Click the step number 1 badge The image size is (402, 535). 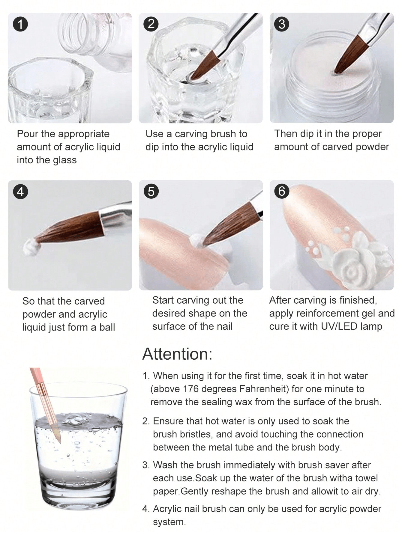click(20, 24)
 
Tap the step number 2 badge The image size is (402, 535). click(151, 24)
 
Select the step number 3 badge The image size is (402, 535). click(282, 24)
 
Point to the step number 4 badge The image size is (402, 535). click(20, 191)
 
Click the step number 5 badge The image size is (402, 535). click(151, 191)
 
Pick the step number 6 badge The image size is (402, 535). click(282, 191)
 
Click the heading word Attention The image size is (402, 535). click(177, 354)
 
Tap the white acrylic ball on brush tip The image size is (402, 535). click(31, 247)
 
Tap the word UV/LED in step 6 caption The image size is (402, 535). click(341, 326)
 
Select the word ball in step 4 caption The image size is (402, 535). click(107, 327)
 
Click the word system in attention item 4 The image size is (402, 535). click(169, 522)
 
